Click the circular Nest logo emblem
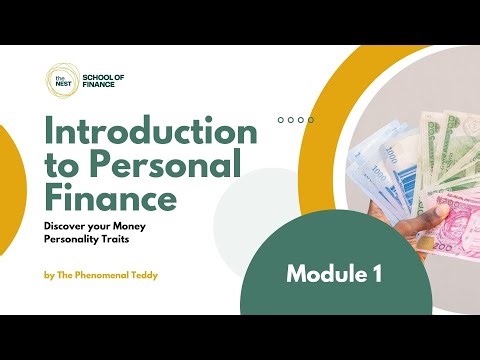tap(59, 79)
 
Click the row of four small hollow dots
tap(295, 119)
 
